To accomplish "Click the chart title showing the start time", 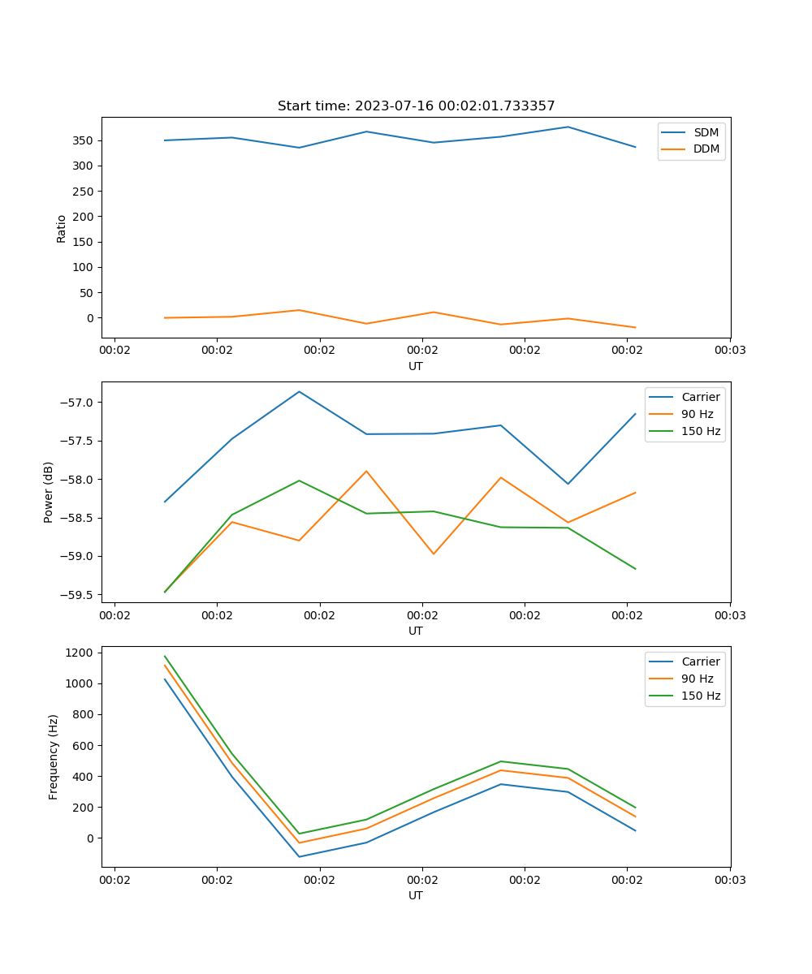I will (x=416, y=106).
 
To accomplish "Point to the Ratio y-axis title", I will (x=62, y=228).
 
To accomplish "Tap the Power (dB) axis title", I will (x=49, y=492).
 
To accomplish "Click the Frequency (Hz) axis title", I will (x=54, y=756).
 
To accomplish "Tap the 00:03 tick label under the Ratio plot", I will (x=730, y=351).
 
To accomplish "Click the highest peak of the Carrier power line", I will (x=299, y=391).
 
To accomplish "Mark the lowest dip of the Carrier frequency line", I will (x=299, y=856).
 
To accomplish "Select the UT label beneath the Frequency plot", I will (x=416, y=895).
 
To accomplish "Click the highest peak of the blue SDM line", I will (x=568, y=127).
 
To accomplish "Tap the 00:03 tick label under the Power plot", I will (x=730, y=615).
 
